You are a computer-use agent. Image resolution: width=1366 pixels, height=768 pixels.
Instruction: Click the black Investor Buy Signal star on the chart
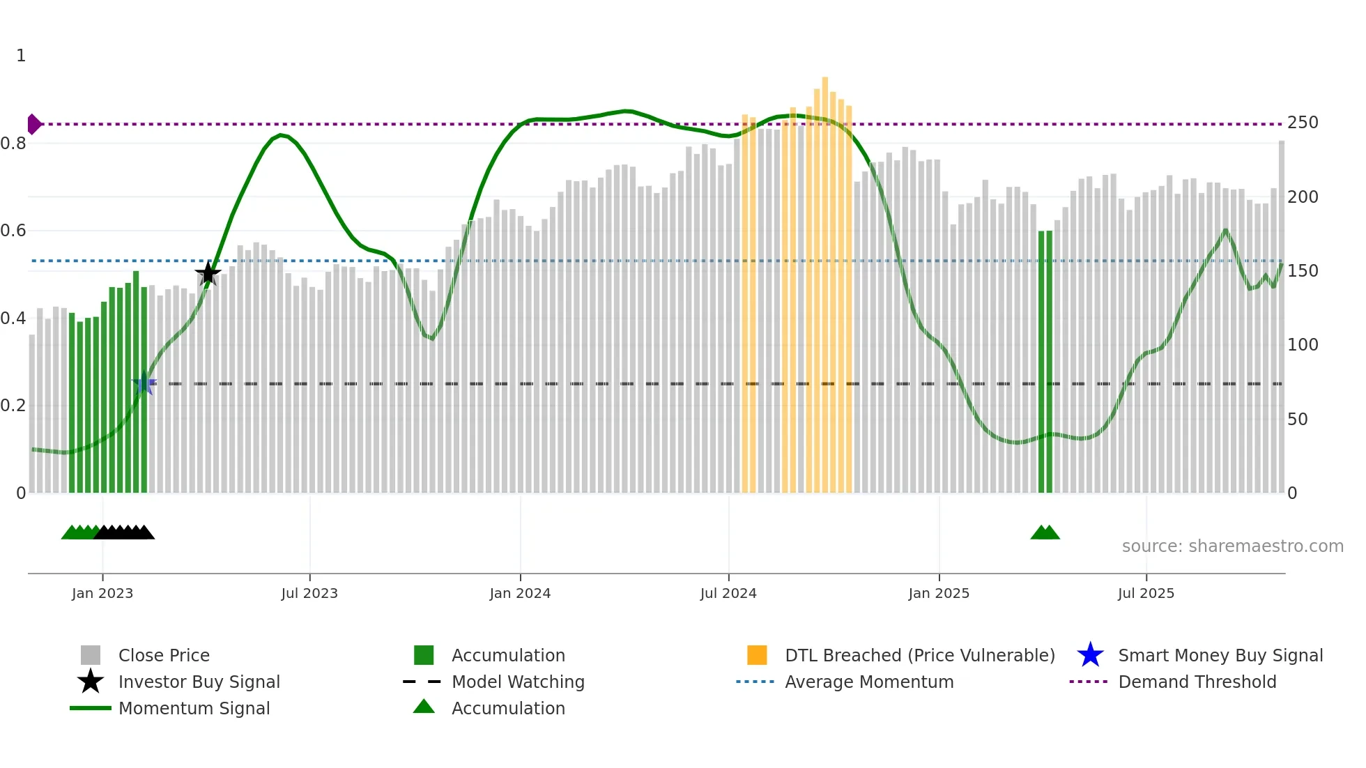(208, 273)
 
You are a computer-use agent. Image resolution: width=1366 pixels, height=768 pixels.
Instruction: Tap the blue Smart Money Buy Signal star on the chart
(144, 383)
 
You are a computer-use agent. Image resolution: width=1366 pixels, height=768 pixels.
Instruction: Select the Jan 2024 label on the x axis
(520, 593)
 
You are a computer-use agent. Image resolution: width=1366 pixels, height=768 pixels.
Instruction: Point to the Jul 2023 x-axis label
(309, 593)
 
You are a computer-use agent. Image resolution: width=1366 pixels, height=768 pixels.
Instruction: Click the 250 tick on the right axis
(1303, 123)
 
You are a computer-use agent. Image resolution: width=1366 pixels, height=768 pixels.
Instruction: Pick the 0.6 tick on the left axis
(13, 231)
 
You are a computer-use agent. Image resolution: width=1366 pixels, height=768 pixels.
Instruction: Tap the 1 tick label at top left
(21, 56)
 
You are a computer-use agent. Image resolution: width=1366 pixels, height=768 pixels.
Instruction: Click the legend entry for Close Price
(164, 655)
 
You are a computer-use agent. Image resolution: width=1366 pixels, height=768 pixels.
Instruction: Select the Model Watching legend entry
(518, 682)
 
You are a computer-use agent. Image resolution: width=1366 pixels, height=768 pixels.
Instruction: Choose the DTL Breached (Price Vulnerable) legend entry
(919, 655)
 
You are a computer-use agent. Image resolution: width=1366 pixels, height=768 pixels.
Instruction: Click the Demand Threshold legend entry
(1197, 682)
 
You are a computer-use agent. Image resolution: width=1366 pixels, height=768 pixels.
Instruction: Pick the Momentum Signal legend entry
(194, 708)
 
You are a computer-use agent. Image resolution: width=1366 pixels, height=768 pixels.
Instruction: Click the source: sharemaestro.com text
(1232, 546)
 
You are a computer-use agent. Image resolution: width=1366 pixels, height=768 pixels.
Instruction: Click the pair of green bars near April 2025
(1045, 362)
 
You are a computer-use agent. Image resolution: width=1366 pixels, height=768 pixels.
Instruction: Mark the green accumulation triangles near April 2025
(1045, 533)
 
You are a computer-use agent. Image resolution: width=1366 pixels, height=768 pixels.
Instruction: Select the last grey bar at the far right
(1282, 314)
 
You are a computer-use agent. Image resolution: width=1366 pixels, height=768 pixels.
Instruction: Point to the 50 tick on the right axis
(1297, 420)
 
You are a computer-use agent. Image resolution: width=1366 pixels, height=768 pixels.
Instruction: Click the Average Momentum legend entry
(869, 682)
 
